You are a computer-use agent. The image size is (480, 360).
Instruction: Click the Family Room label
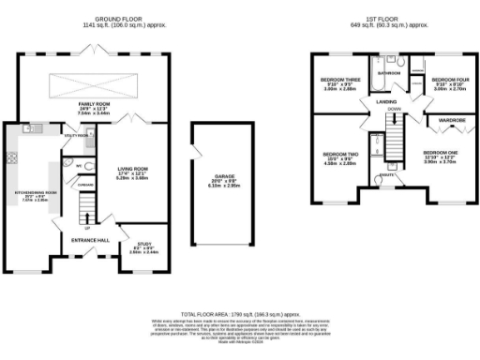pos(92,108)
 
